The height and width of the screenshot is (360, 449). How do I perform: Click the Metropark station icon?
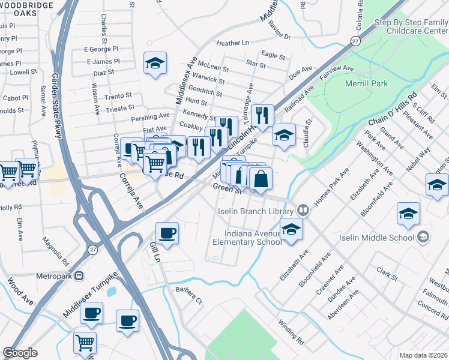coord(80,277)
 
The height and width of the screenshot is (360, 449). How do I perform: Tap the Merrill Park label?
coord(367,83)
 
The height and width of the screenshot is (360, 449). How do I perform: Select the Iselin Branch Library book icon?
coord(304,211)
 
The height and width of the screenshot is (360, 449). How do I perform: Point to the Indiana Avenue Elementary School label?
coord(247,238)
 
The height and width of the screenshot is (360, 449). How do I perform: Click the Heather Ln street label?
coord(232,43)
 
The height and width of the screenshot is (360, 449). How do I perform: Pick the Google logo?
coord(20,353)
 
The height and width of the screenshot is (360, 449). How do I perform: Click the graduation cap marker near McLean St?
coord(155,64)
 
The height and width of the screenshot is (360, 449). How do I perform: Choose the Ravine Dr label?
coord(279,37)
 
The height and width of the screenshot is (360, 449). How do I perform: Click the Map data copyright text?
coord(424,355)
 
